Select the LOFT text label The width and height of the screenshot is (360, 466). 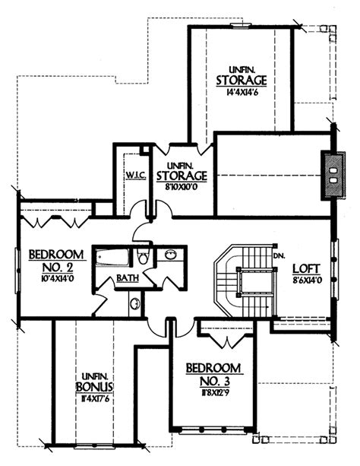(x=306, y=268)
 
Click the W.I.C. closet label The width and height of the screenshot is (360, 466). (x=135, y=174)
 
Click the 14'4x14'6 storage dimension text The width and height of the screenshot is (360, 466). (x=241, y=95)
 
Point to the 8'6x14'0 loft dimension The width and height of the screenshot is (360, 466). (x=305, y=280)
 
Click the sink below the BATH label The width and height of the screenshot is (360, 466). (x=134, y=305)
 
